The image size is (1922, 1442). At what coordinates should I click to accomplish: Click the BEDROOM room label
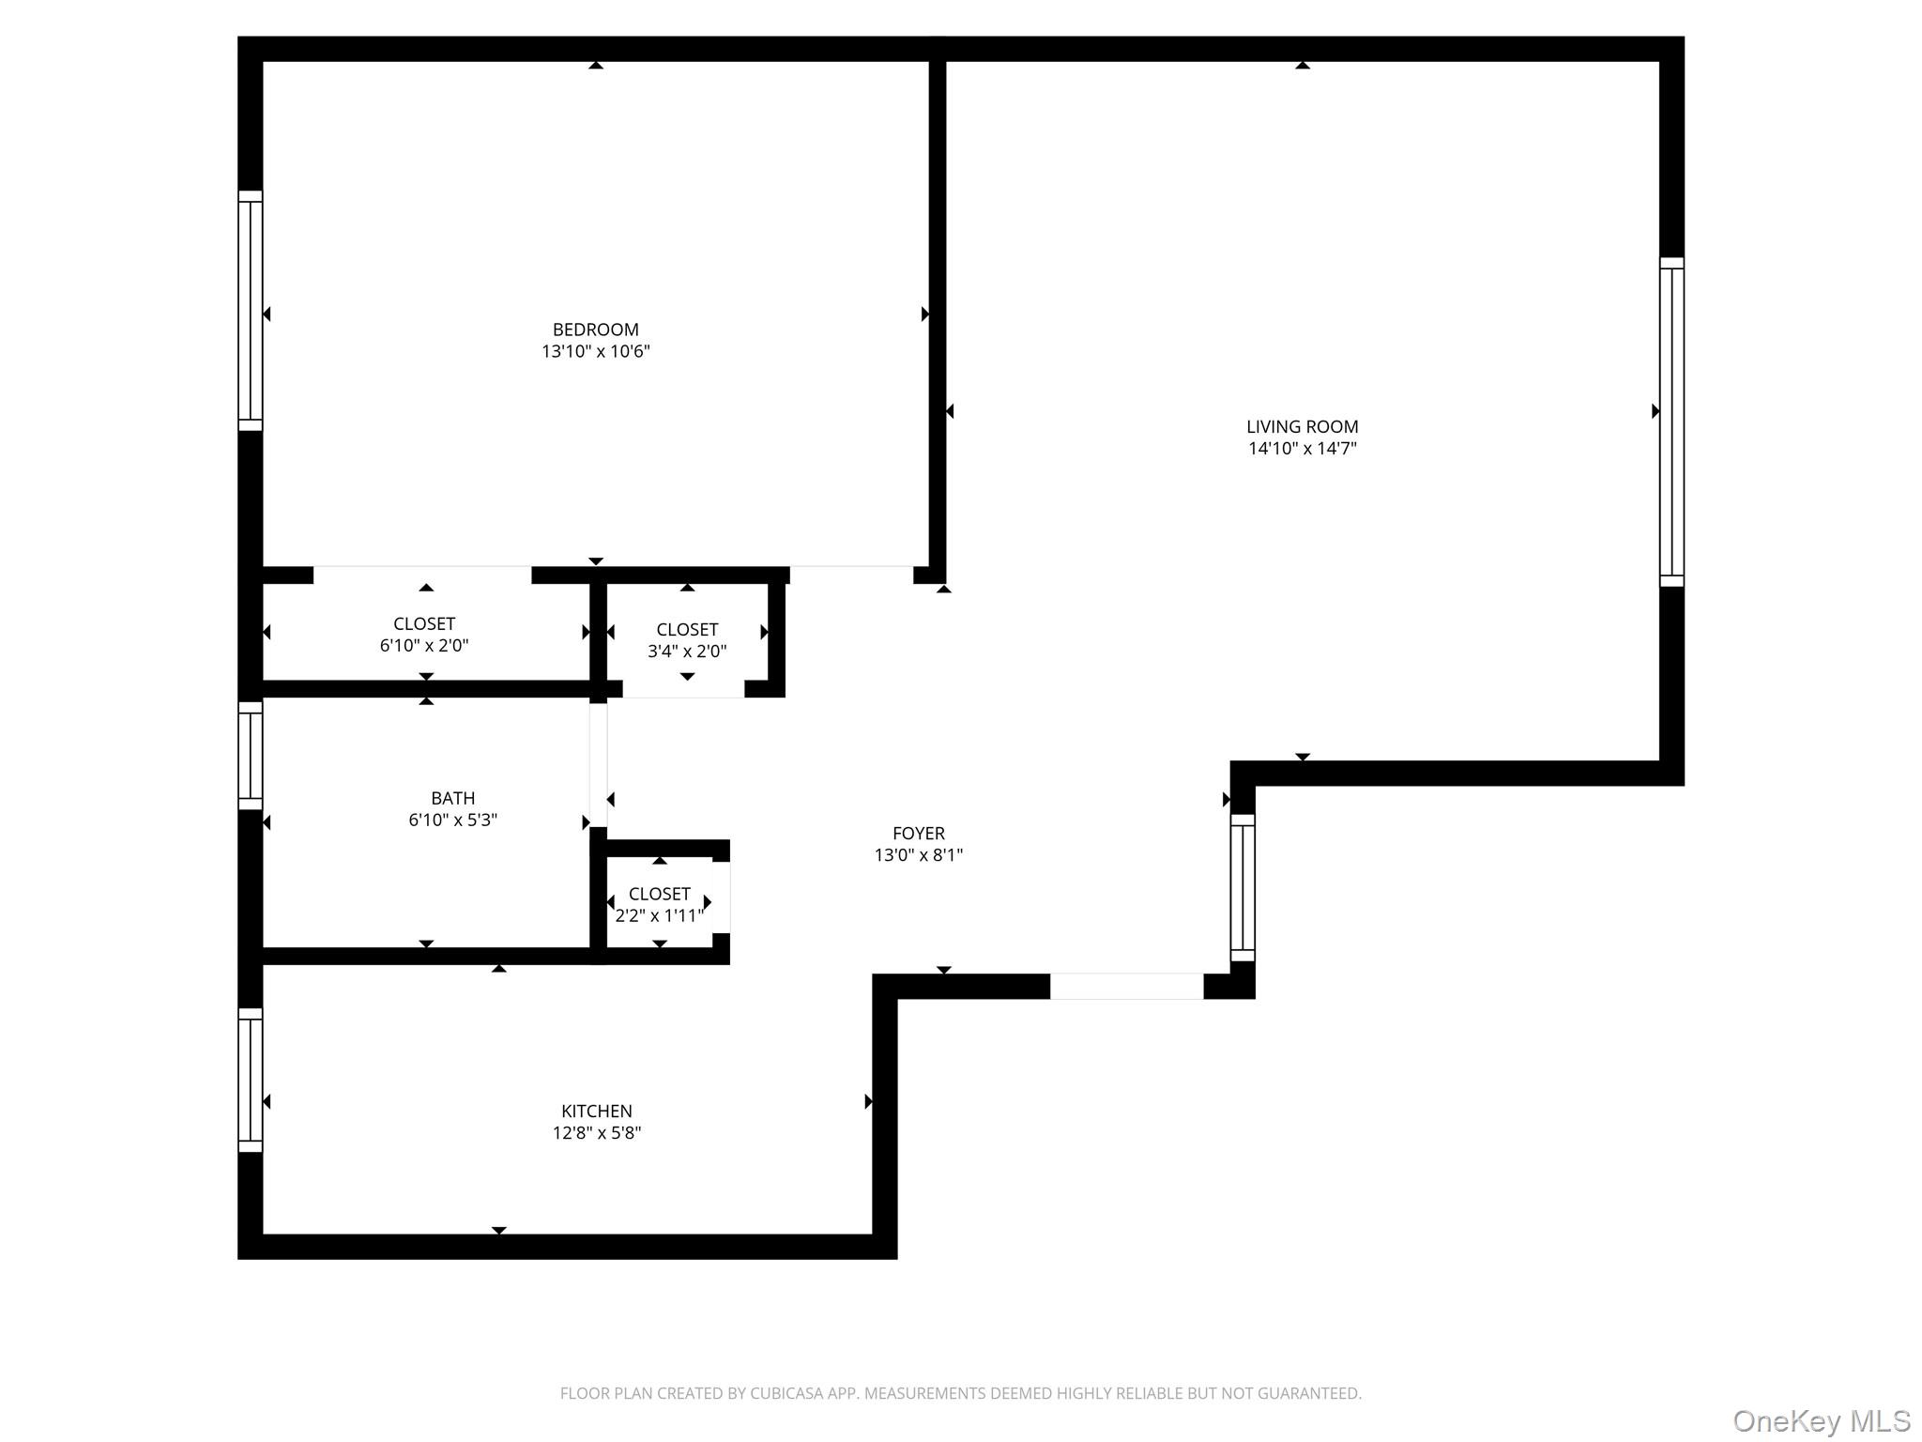595,330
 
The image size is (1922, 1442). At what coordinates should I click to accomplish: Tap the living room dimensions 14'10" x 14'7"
1302,449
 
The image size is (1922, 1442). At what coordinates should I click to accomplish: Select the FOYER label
918,833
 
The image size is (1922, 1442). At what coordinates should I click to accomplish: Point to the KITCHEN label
596,1111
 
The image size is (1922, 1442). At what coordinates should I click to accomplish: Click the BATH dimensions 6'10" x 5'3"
452,820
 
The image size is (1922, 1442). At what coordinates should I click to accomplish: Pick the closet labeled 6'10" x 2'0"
424,635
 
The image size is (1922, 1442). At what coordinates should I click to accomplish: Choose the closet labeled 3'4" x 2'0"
687,640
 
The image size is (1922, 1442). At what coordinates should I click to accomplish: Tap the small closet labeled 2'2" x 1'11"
659,904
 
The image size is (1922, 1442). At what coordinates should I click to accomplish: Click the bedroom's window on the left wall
250,311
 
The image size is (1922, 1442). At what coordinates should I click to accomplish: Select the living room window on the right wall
1671,422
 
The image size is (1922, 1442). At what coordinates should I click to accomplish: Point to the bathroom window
250,755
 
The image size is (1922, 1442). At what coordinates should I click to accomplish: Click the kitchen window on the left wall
250,1080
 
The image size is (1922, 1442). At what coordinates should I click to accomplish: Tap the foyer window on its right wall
1242,887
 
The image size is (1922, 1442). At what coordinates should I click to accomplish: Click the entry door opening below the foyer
1126,986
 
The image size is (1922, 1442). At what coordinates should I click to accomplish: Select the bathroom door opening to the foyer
598,765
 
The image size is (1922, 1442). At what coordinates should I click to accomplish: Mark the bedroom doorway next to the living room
851,575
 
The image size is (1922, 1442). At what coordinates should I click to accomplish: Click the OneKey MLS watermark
1821,1420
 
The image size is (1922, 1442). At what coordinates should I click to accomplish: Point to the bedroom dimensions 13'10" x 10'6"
595,351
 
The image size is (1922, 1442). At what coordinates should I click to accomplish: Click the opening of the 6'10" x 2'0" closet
422,575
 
